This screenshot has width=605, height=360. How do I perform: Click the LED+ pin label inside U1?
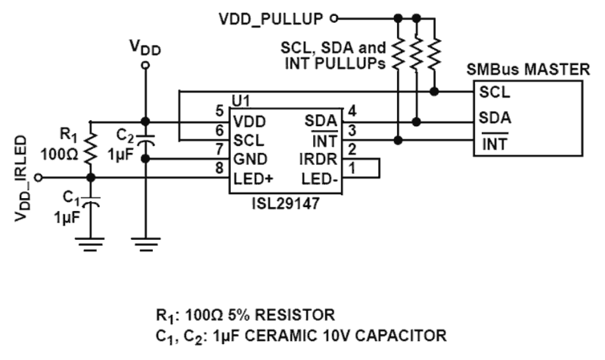[x=253, y=179]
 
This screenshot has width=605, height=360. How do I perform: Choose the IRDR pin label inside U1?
[x=320, y=159]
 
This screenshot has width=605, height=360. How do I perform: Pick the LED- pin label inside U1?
[x=320, y=179]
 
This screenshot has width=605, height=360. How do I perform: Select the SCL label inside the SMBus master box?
[x=494, y=92]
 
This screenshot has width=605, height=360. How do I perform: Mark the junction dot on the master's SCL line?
[x=434, y=91]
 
